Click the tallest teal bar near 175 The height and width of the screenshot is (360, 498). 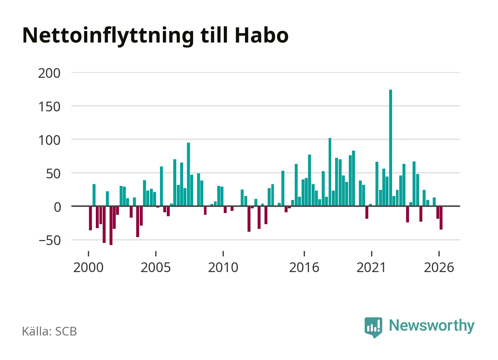[x=391, y=148]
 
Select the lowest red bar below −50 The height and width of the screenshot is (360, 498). [x=111, y=226]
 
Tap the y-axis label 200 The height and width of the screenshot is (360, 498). [x=49, y=74]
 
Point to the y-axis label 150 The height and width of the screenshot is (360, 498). [x=49, y=107]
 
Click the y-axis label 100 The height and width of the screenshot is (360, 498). [x=49, y=141]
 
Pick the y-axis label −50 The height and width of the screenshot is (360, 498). [x=50, y=241]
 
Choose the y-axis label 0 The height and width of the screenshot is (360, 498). [x=57, y=207]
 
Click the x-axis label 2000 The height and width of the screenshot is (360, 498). [x=89, y=267]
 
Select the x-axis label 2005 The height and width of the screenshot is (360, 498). [x=156, y=267]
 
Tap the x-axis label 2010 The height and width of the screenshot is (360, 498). [x=223, y=267]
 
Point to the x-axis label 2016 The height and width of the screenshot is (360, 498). [x=304, y=267]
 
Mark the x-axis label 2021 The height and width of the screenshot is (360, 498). [x=371, y=267]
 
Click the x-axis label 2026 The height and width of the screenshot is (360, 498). [x=439, y=267]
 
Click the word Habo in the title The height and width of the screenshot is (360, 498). [x=262, y=35]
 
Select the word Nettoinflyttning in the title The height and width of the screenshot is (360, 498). [x=108, y=36]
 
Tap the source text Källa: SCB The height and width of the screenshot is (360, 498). [x=49, y=331]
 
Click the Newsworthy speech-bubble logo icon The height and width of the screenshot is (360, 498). [x=373, y=327]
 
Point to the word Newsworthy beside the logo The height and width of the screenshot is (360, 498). [x=432, y=326]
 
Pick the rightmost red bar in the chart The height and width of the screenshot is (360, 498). [x=441, y=218]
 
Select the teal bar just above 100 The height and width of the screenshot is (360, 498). [x=330, y=172]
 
